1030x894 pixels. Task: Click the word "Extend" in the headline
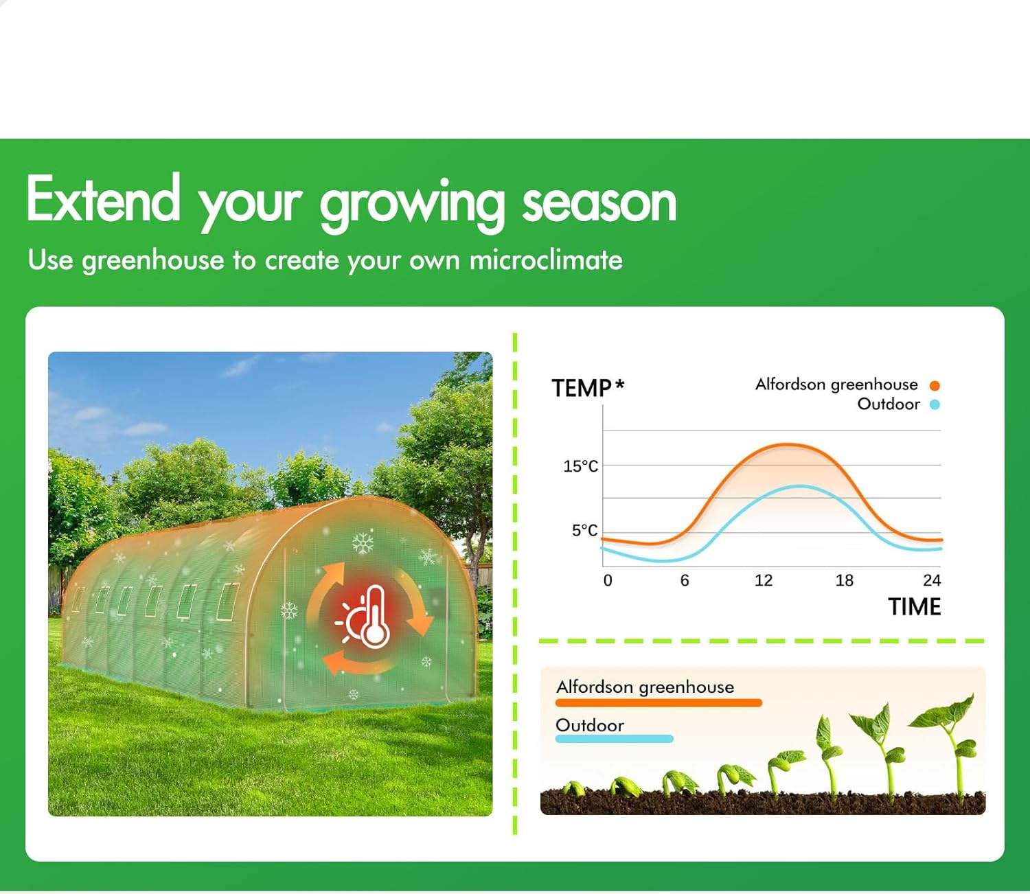[x=103, y=200]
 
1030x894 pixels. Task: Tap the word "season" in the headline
[x=599, y=203]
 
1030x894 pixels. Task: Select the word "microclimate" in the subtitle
[x=546, y=260]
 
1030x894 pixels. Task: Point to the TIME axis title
[x=914, y=607]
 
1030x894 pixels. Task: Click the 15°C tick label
[x=580, y=466]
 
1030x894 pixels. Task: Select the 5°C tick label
[x=584, y=530]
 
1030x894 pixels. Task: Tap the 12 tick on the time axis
[x=763, y=581]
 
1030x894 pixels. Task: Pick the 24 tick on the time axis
[x=931, y=581]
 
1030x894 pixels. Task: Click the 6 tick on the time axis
[x=684, y=581]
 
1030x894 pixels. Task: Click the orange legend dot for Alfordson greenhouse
[x=935, y=385]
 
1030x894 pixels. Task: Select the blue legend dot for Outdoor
[x=935, y=404]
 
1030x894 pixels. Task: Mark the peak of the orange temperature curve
[x=790, y=446]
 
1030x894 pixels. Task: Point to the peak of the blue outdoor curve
[x=800, y=487]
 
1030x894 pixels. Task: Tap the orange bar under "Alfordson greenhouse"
[x=659, y=703]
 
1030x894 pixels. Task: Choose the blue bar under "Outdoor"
[x=614, y=740]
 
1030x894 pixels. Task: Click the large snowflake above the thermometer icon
[x=363, y=543]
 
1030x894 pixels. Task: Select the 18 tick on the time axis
[x=844, y=581]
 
